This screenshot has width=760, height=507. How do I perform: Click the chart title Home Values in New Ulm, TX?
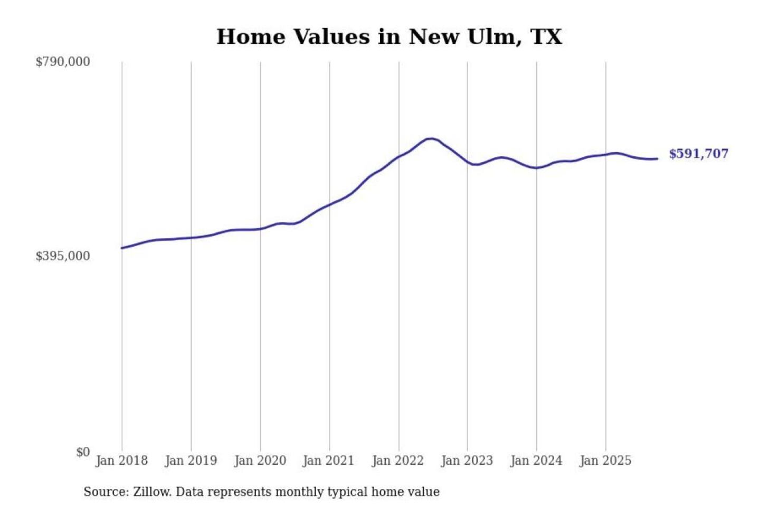(389, 36)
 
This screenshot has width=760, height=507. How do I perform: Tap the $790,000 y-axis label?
(63, 62)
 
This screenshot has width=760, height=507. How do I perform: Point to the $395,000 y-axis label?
(63, 256)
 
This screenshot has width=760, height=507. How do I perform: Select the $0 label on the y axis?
(83, 452)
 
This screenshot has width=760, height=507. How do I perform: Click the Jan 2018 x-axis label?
(121, 461)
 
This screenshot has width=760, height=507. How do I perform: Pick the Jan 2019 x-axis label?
(191, 461)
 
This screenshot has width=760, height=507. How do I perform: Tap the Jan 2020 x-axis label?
(260, 461)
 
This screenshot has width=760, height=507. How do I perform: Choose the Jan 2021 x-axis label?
(328, 461)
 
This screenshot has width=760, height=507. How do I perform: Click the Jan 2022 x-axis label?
(397, 461)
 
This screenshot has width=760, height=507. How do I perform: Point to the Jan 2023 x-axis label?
(467, 461)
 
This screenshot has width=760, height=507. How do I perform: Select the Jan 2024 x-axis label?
(536, 461)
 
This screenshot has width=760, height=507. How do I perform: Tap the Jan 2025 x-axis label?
(605, 461)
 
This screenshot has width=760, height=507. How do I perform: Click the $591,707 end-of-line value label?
(698, 154)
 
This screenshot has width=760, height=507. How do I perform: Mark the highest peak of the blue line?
(431, 139)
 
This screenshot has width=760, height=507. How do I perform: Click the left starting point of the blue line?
(122, 248)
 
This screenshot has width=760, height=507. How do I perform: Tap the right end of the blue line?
(657, 158)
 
